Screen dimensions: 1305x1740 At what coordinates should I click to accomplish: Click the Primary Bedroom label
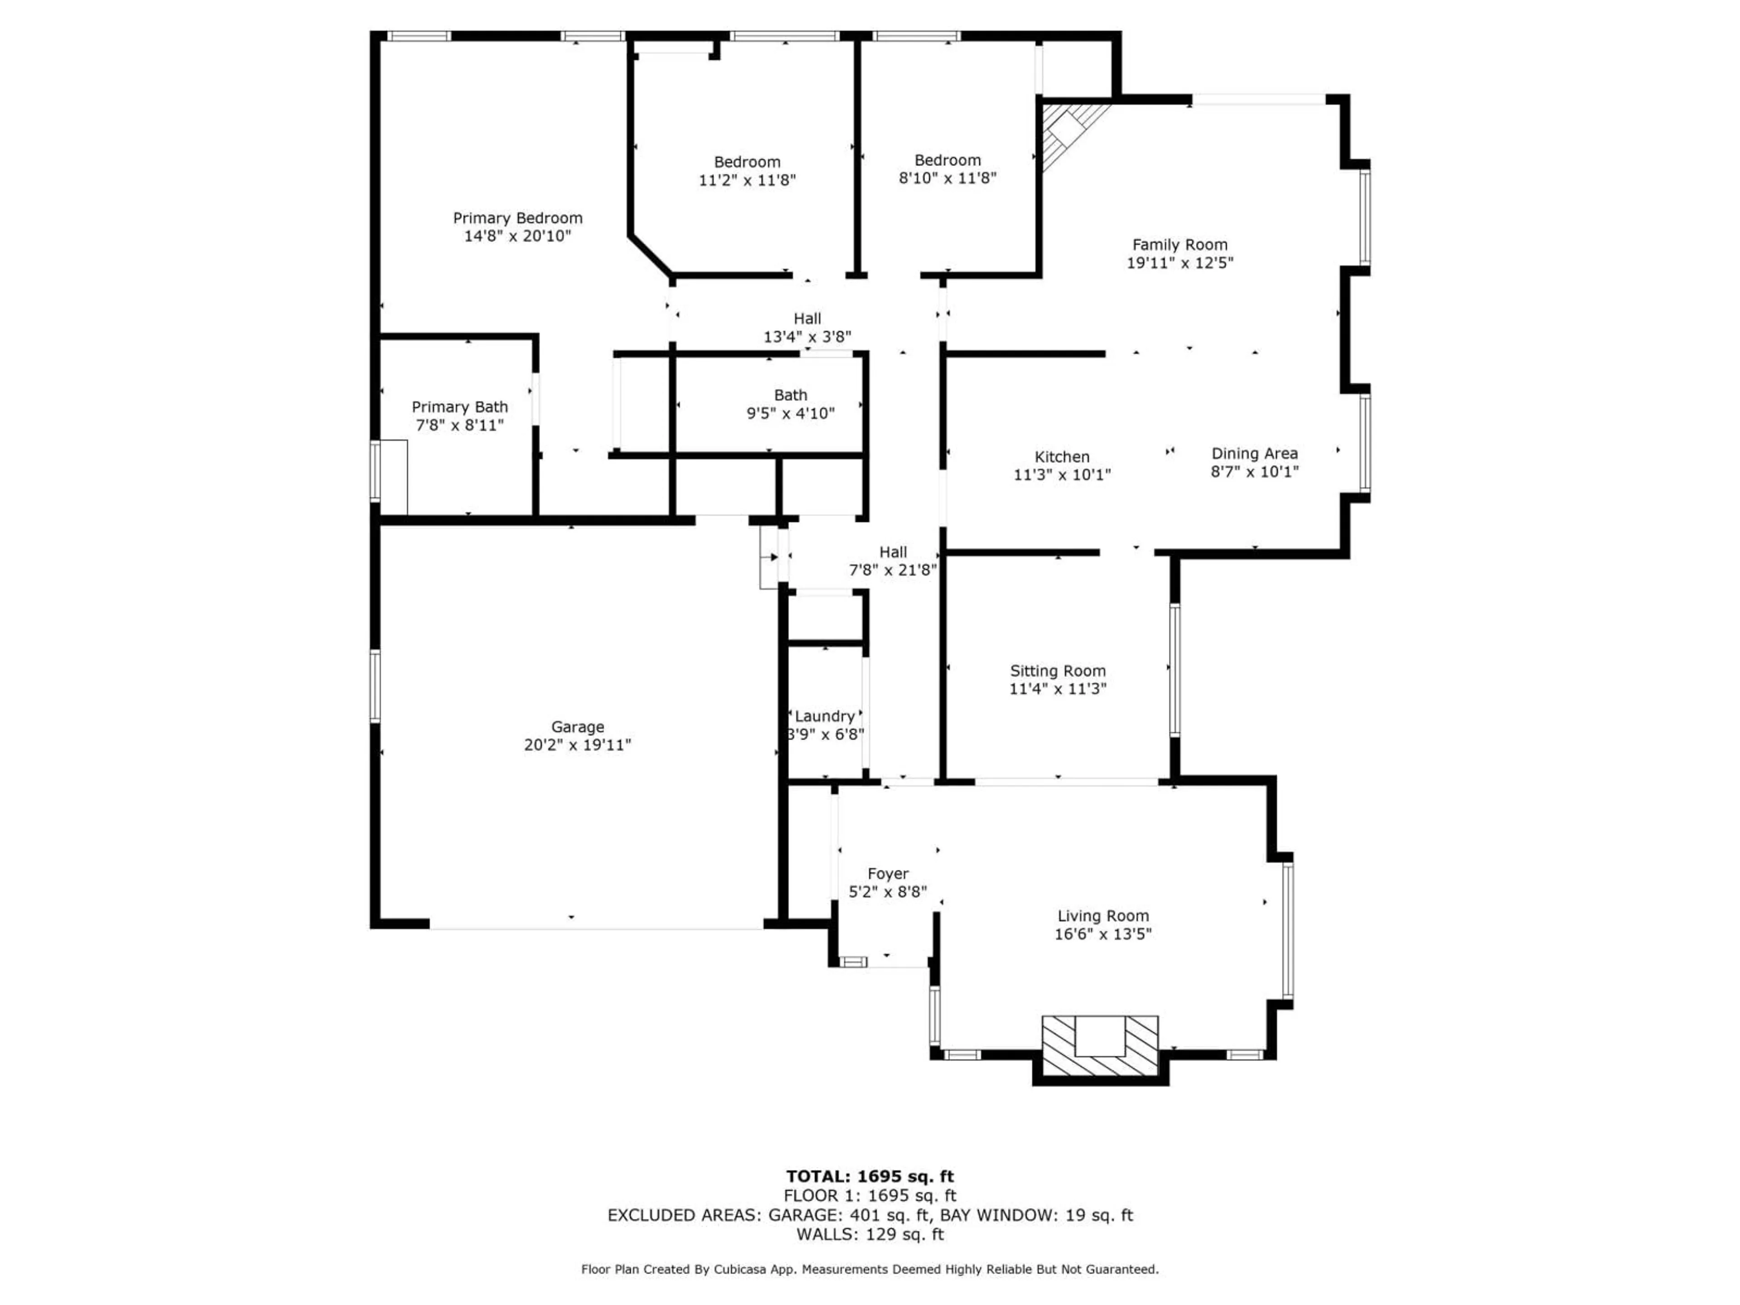point(517,218)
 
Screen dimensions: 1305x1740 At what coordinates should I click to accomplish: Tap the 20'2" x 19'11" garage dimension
point(577,745)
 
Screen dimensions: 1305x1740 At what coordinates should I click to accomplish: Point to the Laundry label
point(824,716)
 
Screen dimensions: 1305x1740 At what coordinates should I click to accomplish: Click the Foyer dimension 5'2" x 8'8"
point(887,892)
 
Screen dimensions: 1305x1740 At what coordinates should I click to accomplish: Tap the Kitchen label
point(1062,456)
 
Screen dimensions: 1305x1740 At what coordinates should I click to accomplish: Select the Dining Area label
point(1254,453)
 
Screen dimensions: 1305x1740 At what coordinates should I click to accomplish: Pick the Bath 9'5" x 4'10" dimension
point(791,413)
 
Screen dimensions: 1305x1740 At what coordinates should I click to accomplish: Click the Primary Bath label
point(459,407)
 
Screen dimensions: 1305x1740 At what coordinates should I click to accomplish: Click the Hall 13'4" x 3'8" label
point(807,319)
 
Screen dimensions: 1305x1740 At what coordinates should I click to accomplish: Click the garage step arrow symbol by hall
point(773,557)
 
